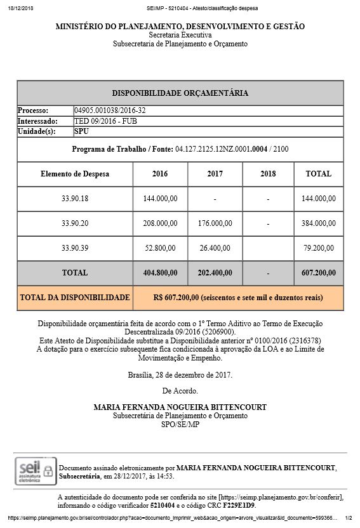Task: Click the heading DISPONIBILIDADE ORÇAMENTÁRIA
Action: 180,93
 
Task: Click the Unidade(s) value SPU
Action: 81,131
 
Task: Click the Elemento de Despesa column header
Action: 75,173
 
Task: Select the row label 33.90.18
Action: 75,199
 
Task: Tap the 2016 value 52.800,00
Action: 161,247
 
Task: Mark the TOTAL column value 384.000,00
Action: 318,223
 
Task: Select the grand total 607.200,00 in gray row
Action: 318,272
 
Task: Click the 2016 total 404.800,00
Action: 161,272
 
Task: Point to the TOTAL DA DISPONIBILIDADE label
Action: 74,297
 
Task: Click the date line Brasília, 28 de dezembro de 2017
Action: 180,374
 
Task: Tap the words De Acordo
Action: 180,390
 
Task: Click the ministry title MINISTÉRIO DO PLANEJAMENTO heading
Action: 180,27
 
